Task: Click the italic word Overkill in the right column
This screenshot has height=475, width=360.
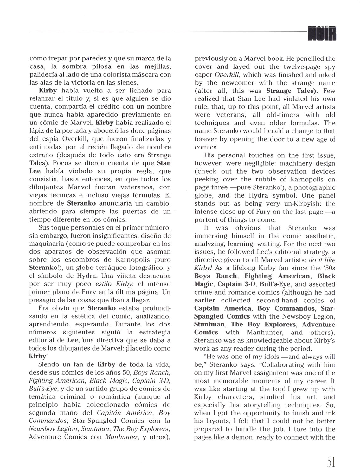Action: pyautogui.click(x=227, y=75)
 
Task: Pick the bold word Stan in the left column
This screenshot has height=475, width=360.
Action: pyautogui.click(x=164, y=163)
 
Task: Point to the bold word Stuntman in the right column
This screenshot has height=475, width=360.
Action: pyautogui.click(x=209, y=324)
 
